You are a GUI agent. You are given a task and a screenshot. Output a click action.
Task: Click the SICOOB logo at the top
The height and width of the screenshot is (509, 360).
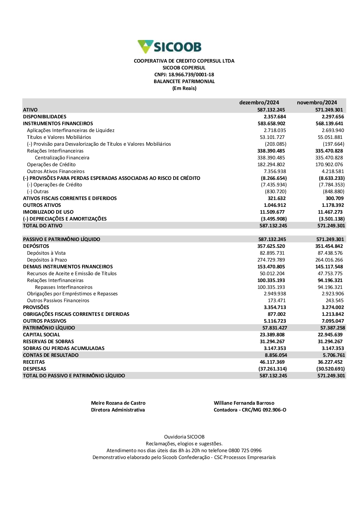coord(170,47)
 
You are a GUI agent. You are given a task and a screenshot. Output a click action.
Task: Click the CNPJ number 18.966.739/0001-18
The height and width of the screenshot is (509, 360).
coord(191,74)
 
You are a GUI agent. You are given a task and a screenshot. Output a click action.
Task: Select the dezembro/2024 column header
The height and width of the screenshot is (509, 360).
coord(259,103)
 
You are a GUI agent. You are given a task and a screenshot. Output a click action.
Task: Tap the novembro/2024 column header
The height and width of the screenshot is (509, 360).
coord(317,103)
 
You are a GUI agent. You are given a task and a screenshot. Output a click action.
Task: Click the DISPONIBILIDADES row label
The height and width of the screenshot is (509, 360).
coord(45,117)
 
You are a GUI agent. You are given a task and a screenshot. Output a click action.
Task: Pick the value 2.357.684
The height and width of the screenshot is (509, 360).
coord(275,117)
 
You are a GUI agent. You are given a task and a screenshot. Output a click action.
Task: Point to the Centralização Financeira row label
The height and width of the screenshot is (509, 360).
coord(62,158)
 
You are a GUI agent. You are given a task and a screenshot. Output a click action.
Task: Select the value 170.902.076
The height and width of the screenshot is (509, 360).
coord(329,164)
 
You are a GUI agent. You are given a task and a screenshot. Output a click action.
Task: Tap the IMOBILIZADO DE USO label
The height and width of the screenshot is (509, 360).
coord(48,212)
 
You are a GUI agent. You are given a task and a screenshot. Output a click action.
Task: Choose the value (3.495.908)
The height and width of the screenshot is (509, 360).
coord(274,219)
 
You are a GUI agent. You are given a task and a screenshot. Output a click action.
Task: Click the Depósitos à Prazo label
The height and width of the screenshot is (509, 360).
coord(47,260)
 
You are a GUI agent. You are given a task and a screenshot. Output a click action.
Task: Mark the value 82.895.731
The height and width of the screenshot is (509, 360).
coord(272,253)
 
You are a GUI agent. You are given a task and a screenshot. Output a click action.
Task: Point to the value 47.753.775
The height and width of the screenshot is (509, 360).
coord(330,273)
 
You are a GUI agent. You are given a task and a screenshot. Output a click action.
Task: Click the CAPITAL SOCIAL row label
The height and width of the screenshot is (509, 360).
coord(41,335)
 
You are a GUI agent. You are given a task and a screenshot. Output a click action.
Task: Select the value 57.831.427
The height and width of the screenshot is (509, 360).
coord(275,328)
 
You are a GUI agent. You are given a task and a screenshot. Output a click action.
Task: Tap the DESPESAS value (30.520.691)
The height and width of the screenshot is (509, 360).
coord(330,369)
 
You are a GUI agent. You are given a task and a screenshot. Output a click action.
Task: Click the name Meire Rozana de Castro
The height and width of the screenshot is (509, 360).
coord(118,403)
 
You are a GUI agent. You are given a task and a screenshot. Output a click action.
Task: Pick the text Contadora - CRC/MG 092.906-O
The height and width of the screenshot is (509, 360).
coord(250,410)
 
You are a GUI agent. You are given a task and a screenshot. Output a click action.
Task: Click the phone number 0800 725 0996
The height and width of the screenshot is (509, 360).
coord(245,450)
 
